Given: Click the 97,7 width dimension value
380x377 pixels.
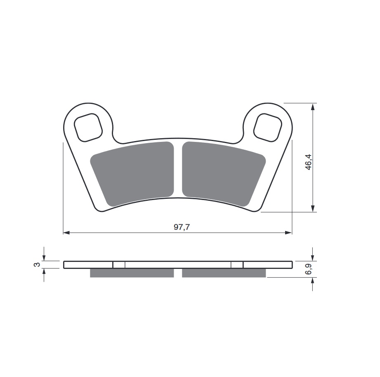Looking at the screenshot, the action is point(182,227).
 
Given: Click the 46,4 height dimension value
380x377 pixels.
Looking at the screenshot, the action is point(308,162).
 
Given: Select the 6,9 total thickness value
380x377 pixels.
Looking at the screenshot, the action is point(308,269).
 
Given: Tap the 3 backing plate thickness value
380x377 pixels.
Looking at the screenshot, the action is point(36,264).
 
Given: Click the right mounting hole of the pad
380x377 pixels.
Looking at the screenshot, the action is point(267,127).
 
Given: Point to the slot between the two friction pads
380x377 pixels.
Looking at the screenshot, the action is point(178,170).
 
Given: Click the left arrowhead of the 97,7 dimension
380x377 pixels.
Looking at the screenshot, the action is point(66,233).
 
